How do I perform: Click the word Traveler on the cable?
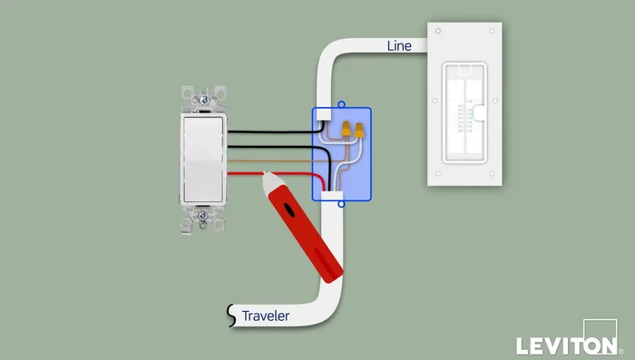click(x=265, y=316)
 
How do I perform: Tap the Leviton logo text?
click(x=563, y=345)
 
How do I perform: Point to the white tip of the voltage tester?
click(x=269, y=182)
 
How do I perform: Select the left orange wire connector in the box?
click(x=346, y=131)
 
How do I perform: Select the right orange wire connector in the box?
click(x=359, y=131)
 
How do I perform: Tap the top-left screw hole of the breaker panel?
click(x=438, y=33)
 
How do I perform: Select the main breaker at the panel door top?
click(x=464, y=71)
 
